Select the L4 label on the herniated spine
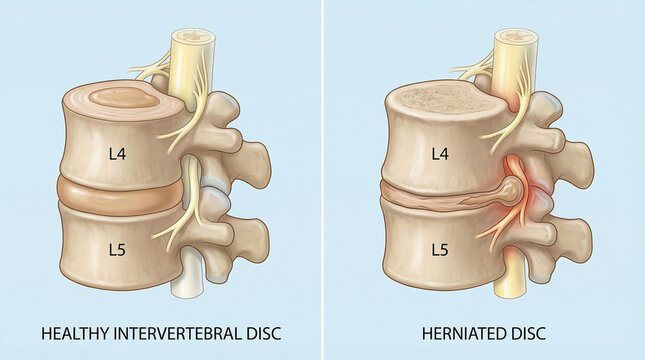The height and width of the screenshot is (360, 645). (437, 154)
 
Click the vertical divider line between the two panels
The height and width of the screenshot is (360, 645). (323, 180)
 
